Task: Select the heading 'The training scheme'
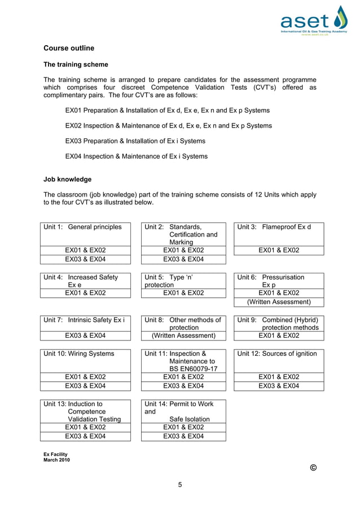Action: click(76, 64)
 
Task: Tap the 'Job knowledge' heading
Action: click(67, 180)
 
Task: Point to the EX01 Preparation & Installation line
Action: click(168, 110)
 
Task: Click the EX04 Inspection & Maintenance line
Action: click(136, 156)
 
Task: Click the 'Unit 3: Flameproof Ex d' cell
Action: click(279, 227)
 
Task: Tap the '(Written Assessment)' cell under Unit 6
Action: click(279, 302)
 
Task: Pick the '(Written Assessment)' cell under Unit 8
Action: click(183, 335)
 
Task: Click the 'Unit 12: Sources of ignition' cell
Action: click(279, 354)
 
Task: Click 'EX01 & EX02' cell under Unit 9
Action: click(279, 335)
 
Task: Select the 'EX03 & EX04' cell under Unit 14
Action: click(183, 436)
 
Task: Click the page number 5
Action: click(180, 484)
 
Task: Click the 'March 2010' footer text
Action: click(56, 460)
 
